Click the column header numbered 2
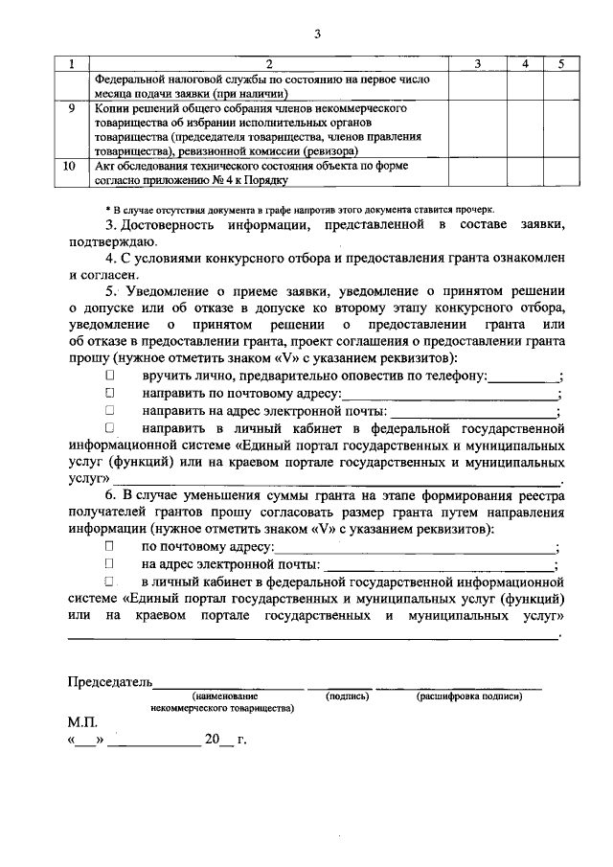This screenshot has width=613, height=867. tap(268, 63)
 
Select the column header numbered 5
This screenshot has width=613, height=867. tap(562, 63)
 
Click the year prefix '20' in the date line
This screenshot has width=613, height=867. tap(212, 740)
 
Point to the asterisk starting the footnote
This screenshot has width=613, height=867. tap(107, 208)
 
